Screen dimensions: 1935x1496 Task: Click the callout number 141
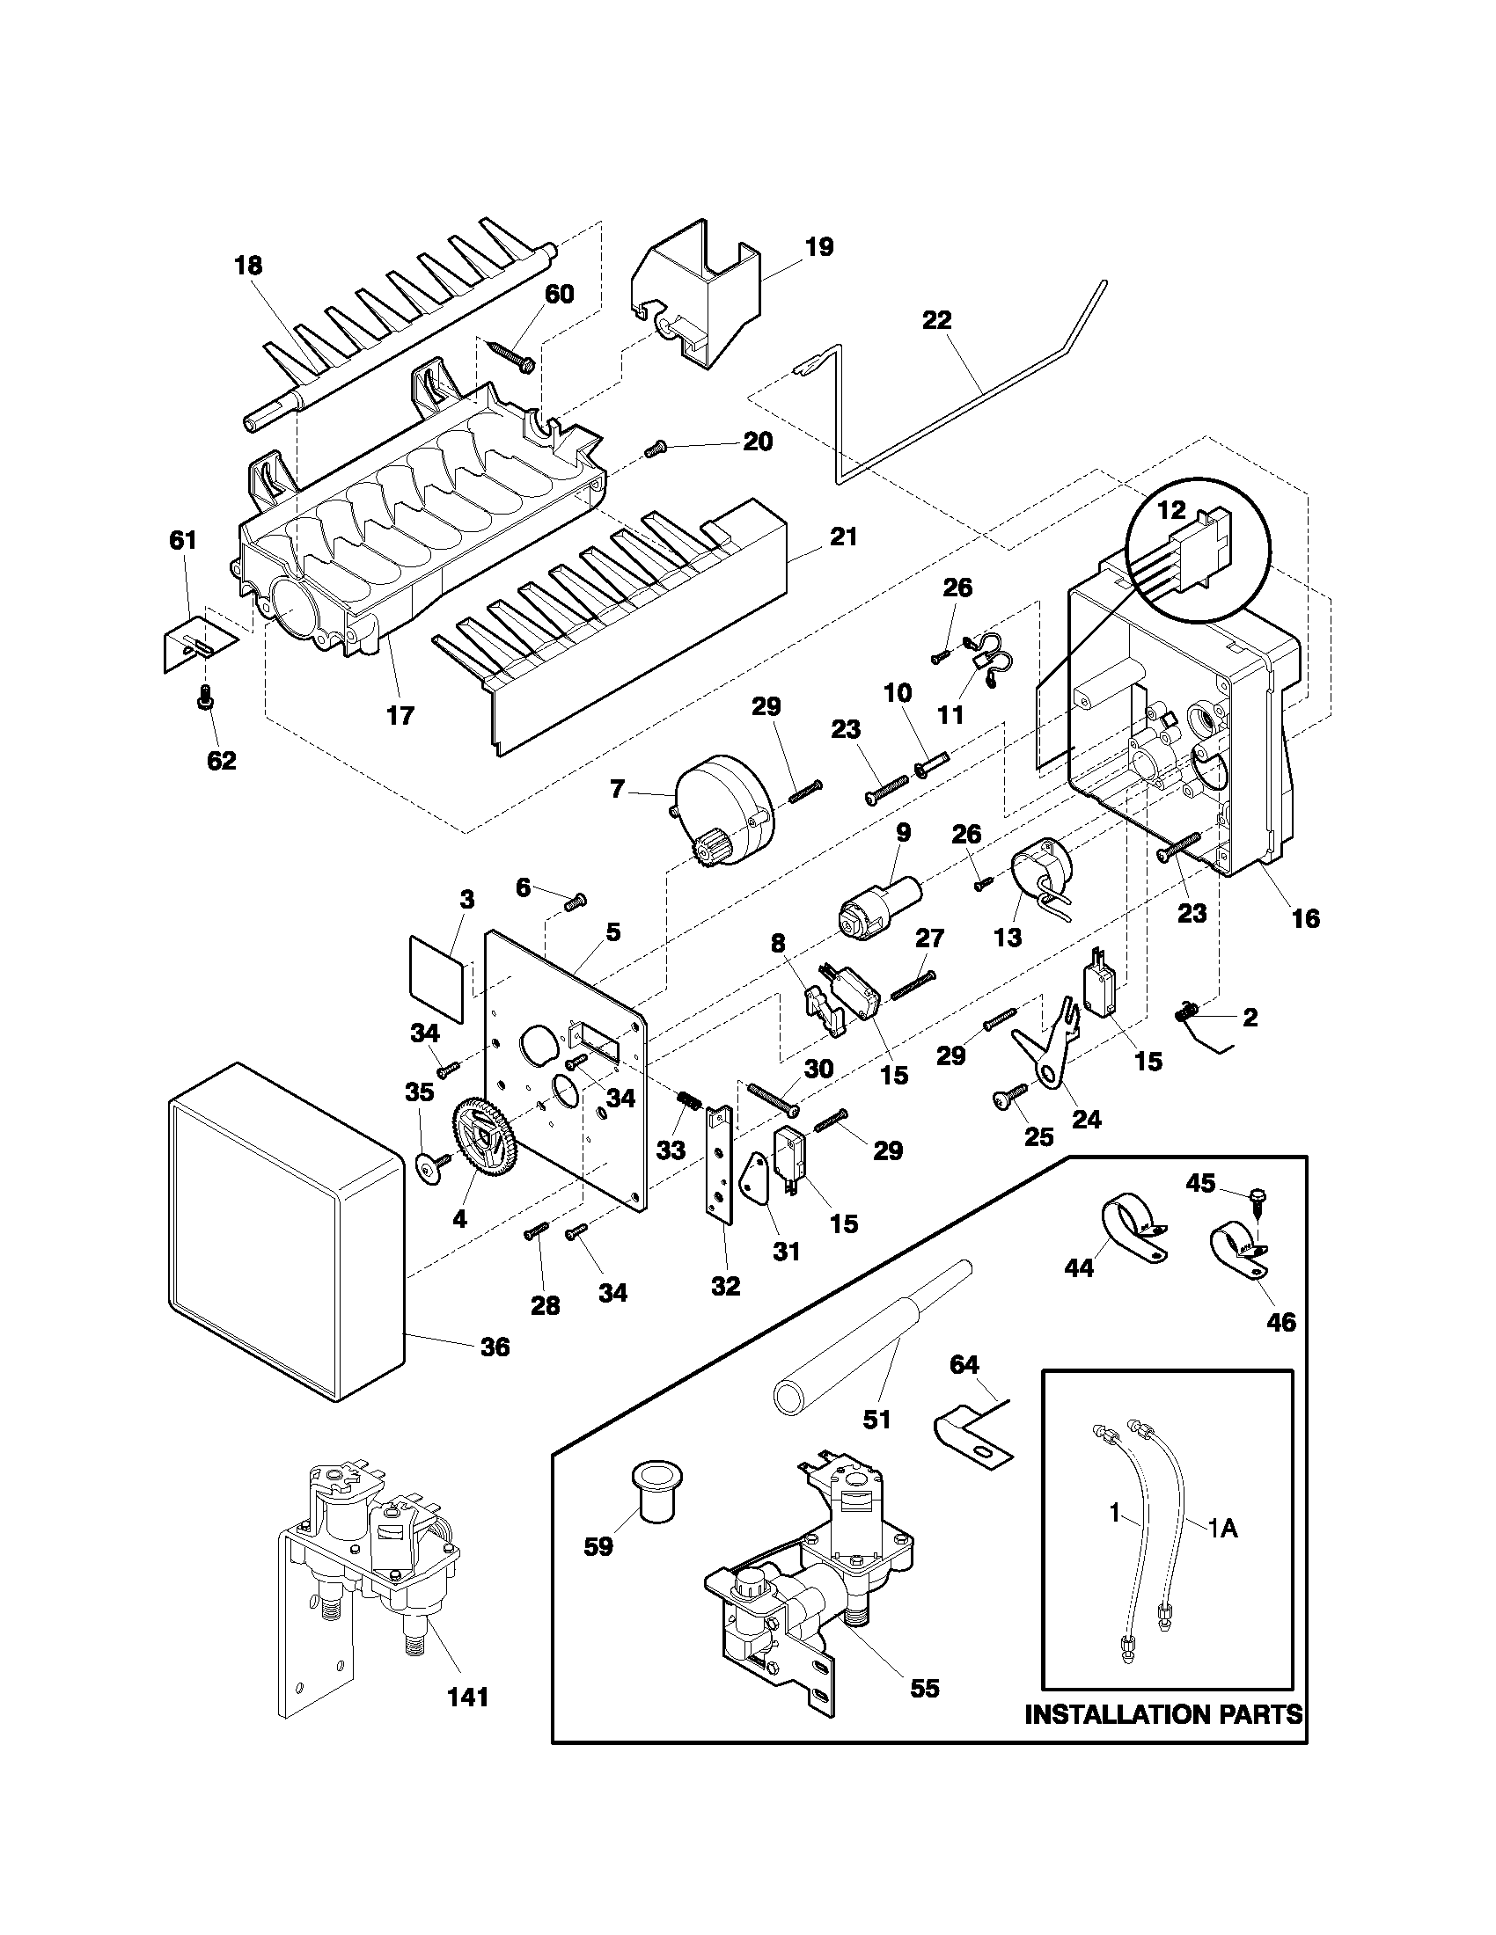(x=467, y=1697)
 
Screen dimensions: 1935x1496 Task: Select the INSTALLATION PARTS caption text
(x=1162, y=1738)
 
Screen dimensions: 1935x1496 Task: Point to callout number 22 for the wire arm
(x=937, y=321)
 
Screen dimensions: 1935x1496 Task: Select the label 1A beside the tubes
(x=1223, y=1527)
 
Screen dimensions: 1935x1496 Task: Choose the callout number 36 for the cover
(x=495, y=1347)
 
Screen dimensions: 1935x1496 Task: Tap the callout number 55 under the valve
(x=923, y=1689)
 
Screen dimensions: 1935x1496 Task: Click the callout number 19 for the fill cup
(x=819, y=247)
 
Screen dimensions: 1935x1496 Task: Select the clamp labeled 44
(x=1132, y=1227)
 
